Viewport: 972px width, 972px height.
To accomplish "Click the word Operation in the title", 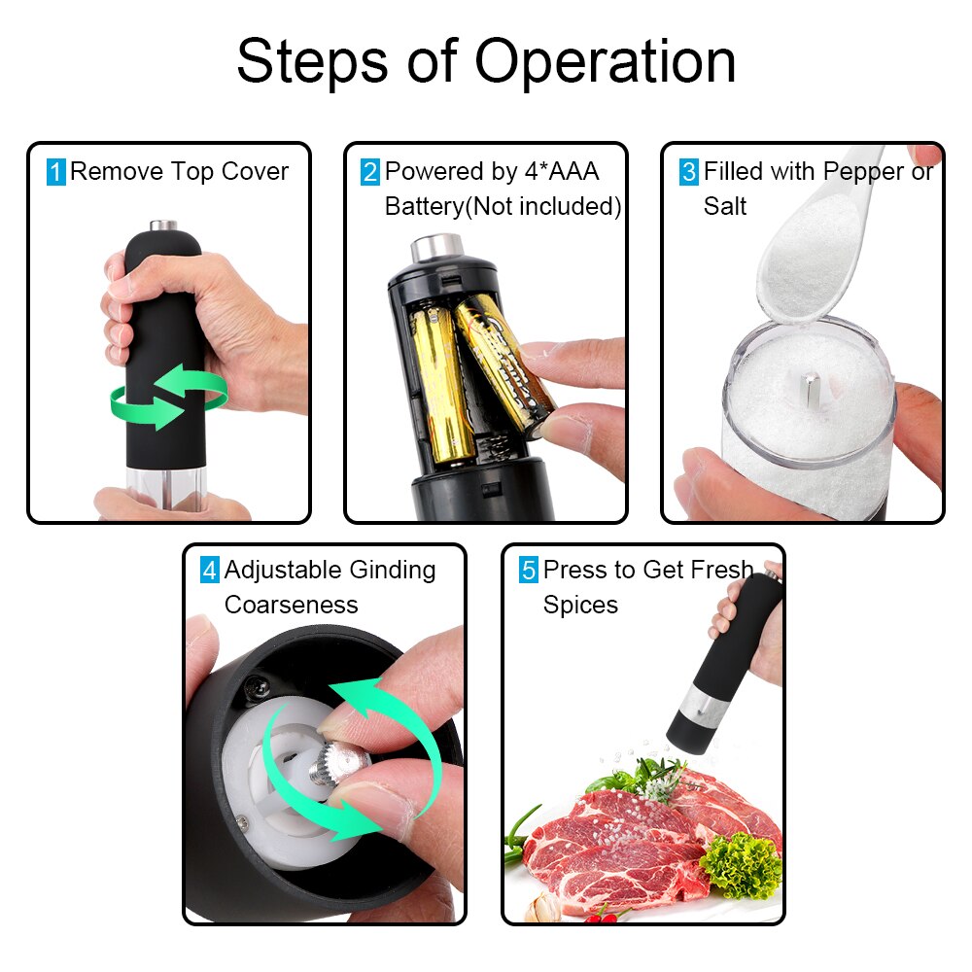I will click(605, 63).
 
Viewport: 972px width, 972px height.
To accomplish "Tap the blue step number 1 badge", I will click(56, 173).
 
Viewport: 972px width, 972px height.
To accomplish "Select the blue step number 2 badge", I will click(370, 173).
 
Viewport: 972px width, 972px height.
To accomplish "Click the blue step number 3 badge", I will click(688, 173).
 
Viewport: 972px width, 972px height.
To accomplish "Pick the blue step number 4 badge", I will click(210, 571).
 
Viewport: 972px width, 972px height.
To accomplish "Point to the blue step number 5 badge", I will click(528, 571).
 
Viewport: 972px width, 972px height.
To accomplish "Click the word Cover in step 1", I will click(256, 172).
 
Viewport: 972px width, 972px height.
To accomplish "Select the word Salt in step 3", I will click(725, 206).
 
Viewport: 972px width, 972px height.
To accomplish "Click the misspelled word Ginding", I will click(391, 570).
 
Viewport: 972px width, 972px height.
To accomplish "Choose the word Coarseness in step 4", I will click(291, 605).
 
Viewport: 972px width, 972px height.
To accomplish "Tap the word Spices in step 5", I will click(580, 605).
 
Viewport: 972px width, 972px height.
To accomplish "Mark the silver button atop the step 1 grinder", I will click(164, 226).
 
